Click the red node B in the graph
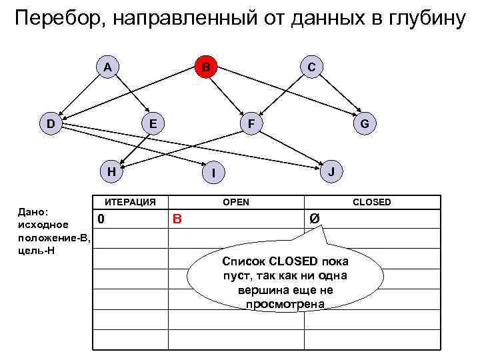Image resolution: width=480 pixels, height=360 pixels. coord(207,67)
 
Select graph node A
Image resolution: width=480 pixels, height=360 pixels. coord(107,66)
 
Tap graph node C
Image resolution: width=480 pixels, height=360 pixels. coord(311,66)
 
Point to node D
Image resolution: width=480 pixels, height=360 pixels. coord(51,123)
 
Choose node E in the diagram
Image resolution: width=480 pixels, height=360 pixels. coord(153,123)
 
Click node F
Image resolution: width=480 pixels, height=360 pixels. coord(251,123)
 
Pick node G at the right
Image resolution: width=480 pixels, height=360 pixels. coord(365,123)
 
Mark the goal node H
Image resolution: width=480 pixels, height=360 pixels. coord(112,171)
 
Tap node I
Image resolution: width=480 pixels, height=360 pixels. coord(213,173)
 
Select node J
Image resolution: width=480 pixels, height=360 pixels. coord(332,171)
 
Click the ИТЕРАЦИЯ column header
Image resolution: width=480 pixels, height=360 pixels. coord(129,201)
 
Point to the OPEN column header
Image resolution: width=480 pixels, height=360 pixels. coord(236,201)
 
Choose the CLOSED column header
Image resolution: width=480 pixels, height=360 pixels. coord(372,201)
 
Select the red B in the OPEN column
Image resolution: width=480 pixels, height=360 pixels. coord(177,219)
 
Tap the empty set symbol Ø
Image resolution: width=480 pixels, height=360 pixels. coord(313,219)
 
